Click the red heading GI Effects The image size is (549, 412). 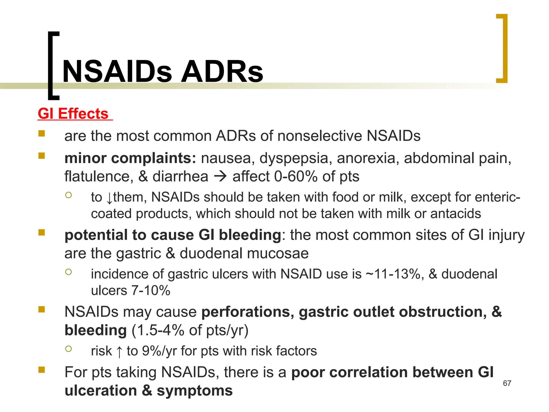73,114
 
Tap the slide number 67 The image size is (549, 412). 507,383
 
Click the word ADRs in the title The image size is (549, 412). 222,72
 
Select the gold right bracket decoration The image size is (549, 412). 502,49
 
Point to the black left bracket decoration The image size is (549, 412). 53,66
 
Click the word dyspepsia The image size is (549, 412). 294,158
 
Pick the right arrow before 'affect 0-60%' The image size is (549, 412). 220,176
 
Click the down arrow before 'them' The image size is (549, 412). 109,198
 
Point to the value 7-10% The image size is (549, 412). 151,290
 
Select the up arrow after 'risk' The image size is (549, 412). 119,351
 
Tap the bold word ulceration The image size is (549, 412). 101,391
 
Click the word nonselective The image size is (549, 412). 319,136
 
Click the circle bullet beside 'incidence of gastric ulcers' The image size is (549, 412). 69,272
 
